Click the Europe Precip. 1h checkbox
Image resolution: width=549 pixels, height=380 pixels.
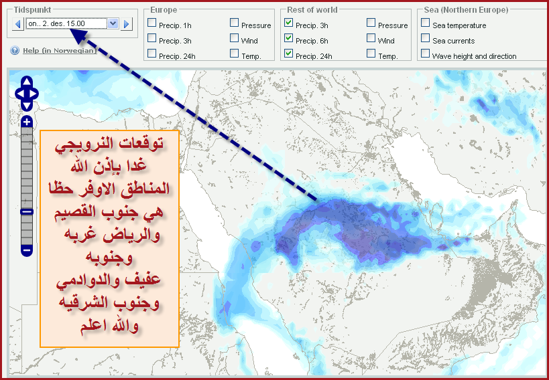coord(152,23)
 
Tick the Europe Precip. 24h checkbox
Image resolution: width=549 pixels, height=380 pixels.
coord(152,53)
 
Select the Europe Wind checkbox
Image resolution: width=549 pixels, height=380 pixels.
coord(234,37)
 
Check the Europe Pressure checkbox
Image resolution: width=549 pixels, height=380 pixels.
coord(234,23)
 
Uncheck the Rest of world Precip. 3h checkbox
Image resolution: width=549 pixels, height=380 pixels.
coord(288,23)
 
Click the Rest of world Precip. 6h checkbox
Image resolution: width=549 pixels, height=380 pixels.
coord(288,37)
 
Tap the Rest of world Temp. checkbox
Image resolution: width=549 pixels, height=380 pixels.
coord(371,53)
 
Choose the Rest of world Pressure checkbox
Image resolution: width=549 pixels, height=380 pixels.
coord(371,23)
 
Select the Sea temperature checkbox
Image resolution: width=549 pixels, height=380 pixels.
coord(426,23)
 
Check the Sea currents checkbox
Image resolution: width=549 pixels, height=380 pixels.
coord(426,37)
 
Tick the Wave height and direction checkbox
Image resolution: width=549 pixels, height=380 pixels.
coord(426,53)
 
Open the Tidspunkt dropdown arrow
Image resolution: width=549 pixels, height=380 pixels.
coord(113,24)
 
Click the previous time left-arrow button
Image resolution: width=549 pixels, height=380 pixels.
coord(18,24)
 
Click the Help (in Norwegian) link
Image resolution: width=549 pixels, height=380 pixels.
coord(60,51)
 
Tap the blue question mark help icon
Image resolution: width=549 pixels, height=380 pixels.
coord(15,51)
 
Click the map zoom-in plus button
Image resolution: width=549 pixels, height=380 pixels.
coord(27,122)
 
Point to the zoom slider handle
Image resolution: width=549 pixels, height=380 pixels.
coord(27,211)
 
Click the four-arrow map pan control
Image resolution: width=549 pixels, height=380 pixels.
coord(27,94)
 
